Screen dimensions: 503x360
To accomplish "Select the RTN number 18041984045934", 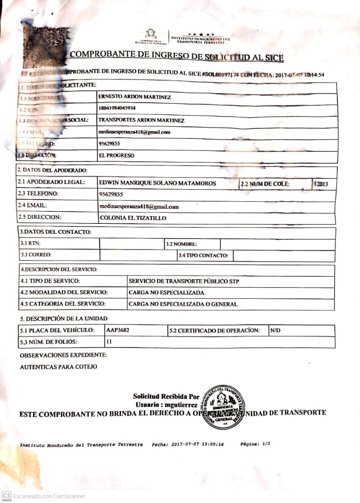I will point(117,108).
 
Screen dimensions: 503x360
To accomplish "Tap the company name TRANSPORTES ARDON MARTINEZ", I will point(141,120).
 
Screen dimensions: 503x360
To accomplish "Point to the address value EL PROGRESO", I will point(116,155).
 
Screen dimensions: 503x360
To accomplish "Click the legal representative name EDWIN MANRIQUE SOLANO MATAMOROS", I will point(158,183).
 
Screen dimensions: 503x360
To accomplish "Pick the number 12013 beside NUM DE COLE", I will point(321,184).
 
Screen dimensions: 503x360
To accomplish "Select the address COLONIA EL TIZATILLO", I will point(133,218).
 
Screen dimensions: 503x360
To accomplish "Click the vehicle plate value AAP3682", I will point(118,330).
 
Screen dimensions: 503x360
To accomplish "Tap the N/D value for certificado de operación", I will point(275,330).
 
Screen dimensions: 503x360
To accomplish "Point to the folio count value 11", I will point(109,342).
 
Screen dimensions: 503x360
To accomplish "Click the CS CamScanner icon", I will point(7,496).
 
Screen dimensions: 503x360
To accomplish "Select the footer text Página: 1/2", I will point(255,445).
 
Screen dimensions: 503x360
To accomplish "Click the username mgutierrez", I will point(177,404).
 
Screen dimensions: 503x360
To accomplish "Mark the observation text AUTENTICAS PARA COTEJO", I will point(58,367).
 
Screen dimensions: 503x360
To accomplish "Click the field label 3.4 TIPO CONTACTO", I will point(203,256).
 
